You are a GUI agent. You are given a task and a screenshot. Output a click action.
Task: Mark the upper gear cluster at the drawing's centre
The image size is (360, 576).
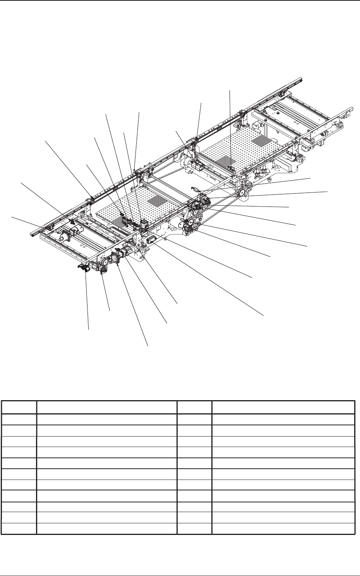pyautogui.click(x=199, y=203)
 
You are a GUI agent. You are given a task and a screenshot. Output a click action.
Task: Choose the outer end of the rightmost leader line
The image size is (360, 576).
pyautogui.click(x=327, y=191)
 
